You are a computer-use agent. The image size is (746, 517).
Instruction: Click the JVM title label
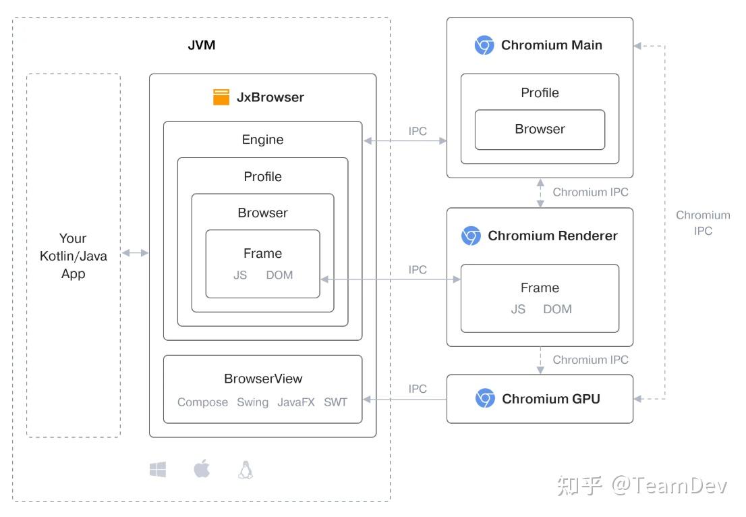coord(201,46)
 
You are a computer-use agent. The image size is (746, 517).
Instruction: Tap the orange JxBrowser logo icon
coord(221,97)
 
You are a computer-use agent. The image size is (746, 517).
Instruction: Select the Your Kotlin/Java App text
coord(73,256)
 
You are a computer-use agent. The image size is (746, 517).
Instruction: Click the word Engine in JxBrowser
coord(262,140)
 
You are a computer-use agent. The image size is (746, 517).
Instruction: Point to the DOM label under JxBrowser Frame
coord(279,275)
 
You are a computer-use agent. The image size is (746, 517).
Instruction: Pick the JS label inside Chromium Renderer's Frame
coord(518,309)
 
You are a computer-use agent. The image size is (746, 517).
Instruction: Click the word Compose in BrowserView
coord(202,402)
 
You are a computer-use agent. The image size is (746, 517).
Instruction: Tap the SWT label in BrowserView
coord(335,402)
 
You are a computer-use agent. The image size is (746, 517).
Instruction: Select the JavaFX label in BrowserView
coord(296,402)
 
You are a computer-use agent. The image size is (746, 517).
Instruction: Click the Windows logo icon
coord(158,470)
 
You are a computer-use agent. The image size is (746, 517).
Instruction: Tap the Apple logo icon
coord(202,469)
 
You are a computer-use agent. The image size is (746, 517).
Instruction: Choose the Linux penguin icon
coord(246,470)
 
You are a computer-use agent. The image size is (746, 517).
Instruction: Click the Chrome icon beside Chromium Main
coord(484,45)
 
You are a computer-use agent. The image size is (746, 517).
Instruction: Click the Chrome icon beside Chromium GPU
coord(485,399)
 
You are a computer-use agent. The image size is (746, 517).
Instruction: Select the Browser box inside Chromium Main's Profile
coord(540,129)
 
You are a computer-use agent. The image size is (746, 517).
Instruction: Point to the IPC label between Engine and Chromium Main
coord(418,131)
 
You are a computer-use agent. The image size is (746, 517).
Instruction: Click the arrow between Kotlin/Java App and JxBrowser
coord(135,252)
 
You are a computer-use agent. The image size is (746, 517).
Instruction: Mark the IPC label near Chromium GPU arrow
coord(418,389)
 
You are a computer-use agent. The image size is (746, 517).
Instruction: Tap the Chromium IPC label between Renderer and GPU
coord(590,360)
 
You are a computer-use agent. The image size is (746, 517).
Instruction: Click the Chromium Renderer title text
coord(552,236)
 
